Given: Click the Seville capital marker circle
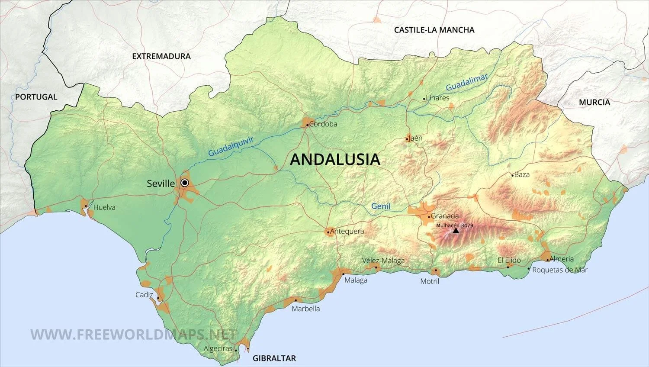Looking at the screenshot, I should coord(185,183).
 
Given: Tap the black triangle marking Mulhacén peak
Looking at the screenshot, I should coord(456,231).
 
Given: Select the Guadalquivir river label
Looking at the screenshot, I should coord(231,146).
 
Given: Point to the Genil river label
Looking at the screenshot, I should coord(381,206).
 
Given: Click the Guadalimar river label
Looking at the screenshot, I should coord(467,82).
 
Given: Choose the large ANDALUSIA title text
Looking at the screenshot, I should coord(335,159).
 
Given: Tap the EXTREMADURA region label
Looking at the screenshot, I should coord(161,56).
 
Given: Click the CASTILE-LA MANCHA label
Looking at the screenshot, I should coord(434,30).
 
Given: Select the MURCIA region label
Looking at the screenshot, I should coord(594,102).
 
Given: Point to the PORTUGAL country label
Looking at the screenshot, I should coord(36,97).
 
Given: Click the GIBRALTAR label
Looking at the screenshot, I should coord(274,358).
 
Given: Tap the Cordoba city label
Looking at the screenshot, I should coord(323,124).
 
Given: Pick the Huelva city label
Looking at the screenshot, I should coord(104,207).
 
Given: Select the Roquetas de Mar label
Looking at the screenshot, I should coord(560,270).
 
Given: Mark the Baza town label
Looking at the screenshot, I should coord(522,175).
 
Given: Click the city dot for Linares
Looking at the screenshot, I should coord(424,99).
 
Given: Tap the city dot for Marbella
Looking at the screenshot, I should coord(296,300).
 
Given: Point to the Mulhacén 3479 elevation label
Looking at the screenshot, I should coord(454,225).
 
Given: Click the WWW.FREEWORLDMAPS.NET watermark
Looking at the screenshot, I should coord(133,335).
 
